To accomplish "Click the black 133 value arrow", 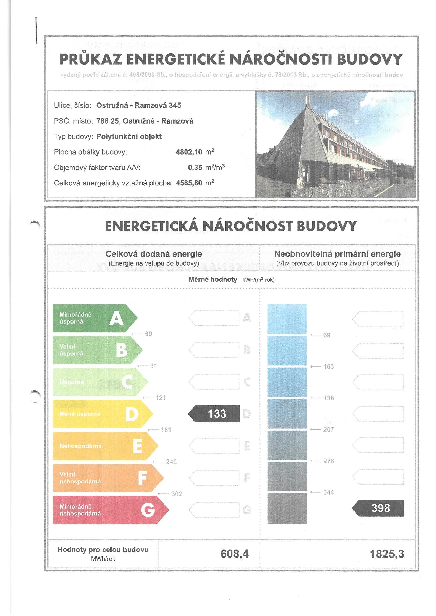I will [x=214, y=413].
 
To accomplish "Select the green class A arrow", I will [x=94, y=318].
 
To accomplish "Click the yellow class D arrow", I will [x=102, y=414].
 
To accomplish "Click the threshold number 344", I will [x=328, y=492].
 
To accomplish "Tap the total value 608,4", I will [x=234, y=554].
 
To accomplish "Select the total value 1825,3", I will [x=387, y=554].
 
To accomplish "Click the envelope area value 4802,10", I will [x=189, y=152].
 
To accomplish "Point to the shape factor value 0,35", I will [x=195, y=168].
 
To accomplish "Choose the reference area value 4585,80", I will [x=189, y=183].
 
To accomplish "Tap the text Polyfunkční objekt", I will [x=129, y=136].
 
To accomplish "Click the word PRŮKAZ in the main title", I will [x=90, y=60].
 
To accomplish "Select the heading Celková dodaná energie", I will [x=154, y=253].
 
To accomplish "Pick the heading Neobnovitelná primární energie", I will [x=337, y=253].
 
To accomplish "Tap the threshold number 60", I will [x=148, y=334].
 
